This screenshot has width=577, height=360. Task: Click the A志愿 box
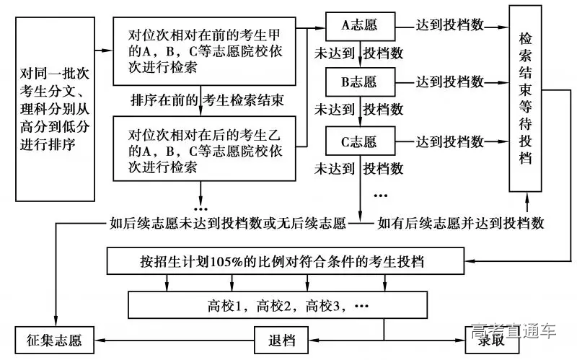click(x=360, y=27)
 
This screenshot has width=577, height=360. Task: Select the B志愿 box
click(x=360, y=82)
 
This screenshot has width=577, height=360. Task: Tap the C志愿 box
click(x=360, y=140)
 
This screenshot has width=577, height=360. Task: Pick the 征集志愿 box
click(x=55, y=338)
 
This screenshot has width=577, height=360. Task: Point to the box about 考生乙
click(x=205, y=150)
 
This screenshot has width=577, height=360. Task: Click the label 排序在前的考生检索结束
click(x=206, y=100)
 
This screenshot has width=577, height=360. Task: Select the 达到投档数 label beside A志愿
click(x=449, y=24)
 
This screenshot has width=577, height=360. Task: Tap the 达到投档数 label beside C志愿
click(x=449, y=140)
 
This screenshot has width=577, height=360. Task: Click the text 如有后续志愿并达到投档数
click(x=461, y=222)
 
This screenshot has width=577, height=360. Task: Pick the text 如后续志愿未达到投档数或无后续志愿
click(x=227, y=222)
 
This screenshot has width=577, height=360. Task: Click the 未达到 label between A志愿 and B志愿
click(x=334, y=53)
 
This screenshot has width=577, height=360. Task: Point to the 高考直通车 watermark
click(x=514, y=331)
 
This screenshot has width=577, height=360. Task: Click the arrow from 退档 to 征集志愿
click(x=175, y=339)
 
